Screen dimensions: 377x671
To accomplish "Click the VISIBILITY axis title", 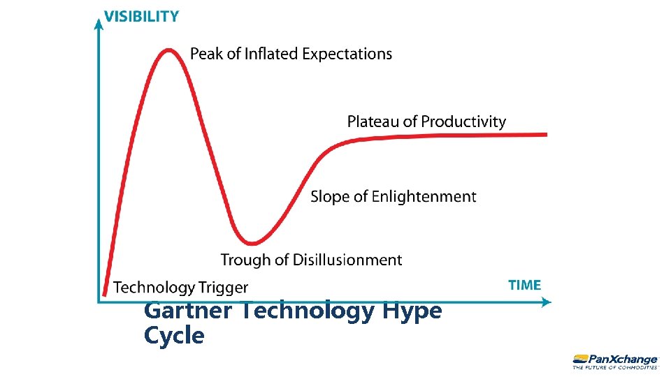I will pyautogui.click(x=141, y=16).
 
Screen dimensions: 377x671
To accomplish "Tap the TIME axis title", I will pyautogui.click(x=524, y=285).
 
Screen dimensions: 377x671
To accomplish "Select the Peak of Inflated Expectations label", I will pyautogui.click(x=291, y=54).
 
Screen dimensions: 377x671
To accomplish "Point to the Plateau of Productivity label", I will pyautogui.click(x=426, y=121).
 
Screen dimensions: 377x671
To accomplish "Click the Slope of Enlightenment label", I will pyautogui.click(x=393, y=197).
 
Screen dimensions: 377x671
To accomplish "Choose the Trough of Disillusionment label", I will pyautogui.click(x=311, y=260).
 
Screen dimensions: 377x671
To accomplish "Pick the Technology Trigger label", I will pyautogui.click(x=180, y=288).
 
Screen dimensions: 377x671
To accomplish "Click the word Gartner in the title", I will pyautogui.click(x=187, y=311).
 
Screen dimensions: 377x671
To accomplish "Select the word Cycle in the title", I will pyautogui.click(x=174, y=336).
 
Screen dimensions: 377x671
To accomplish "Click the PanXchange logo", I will pyautogui.click(x=614, y=357).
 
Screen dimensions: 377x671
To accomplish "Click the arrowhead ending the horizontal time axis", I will pyautogui.click(x=547, y=302).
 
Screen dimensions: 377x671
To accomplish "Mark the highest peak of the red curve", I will pyautogui.click(x=168, y=50).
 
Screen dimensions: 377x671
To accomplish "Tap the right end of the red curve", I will pyautogui.click(x=545, y=134).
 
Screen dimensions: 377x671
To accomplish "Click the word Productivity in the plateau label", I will pyautogui.click(x=463, y=121).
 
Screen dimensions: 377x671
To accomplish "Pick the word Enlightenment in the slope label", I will pyautogui.click(x=424, y=197).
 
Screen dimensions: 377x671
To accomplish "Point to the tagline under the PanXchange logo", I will pyautogui.click(x=615, y=367).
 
